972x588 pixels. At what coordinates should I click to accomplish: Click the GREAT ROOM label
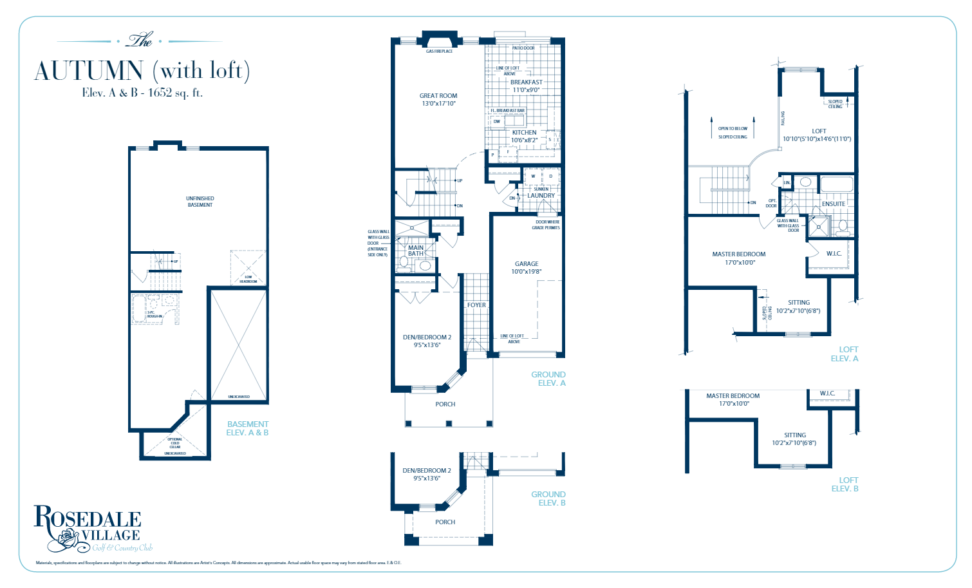click(438, 96)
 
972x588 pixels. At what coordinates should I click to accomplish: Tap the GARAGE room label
click(526, 264)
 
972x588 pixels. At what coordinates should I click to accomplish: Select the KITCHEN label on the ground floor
click(524, 133)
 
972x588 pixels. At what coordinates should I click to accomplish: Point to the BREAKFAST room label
click(526, 82)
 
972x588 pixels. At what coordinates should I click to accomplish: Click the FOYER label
click(476, 305)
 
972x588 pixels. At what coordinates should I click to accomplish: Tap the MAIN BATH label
click(416, 251)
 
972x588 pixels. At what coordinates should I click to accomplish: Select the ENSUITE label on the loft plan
click(833, 204)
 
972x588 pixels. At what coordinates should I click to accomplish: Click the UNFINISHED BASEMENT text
click(200, 202)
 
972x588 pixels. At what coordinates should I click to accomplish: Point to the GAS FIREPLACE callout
click(439, 52)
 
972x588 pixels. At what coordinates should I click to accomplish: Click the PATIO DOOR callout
click(523, 48)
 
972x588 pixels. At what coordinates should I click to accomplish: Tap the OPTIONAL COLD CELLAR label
click(175, 443)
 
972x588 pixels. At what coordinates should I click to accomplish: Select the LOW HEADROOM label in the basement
click(248, 279)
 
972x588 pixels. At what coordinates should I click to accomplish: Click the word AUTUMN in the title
click(89, 71)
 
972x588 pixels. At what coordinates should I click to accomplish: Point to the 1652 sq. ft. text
click(175, 93)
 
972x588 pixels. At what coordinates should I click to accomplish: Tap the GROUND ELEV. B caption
click(548, 498)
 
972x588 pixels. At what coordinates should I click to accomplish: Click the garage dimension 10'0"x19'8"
click(526, 272)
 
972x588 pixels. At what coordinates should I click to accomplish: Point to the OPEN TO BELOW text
click(733, 129)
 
